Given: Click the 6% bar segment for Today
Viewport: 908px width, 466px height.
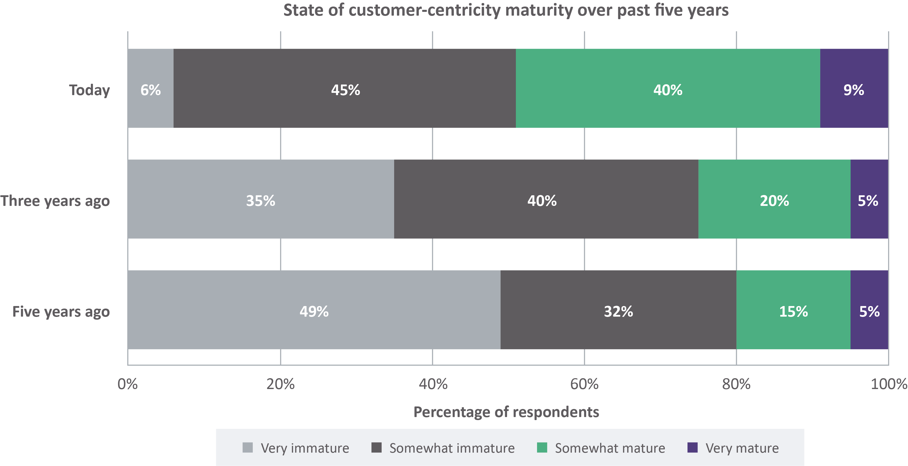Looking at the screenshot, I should tap(150, 88).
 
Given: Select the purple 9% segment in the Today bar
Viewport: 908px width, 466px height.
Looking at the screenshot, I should tap(854, 88).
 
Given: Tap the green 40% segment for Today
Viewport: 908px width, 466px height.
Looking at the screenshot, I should tap(668, 88).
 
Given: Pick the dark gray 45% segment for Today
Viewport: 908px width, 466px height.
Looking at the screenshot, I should tap(345, 88).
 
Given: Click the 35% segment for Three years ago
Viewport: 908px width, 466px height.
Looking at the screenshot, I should tap(261, 199).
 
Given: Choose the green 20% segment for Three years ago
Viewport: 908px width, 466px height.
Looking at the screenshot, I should tap(774, 199).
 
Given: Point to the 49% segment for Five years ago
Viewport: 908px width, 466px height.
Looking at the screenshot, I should tap(314, 310).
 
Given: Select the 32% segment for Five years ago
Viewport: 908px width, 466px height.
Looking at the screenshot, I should tap(618, 310).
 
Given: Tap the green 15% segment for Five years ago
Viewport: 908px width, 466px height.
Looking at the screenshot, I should tap(793, 310).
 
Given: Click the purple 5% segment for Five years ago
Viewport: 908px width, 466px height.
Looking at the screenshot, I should tap(869, 310).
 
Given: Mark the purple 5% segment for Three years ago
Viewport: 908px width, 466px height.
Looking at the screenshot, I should tap(869, 199).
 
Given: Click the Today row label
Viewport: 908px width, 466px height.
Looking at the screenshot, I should tap(89, 90).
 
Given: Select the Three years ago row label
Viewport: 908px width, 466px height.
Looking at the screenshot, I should tap(55, 201).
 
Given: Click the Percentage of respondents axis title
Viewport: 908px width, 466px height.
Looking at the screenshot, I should tap(506, 412).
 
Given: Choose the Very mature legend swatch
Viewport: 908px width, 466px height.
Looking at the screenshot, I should tap(692, 448).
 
